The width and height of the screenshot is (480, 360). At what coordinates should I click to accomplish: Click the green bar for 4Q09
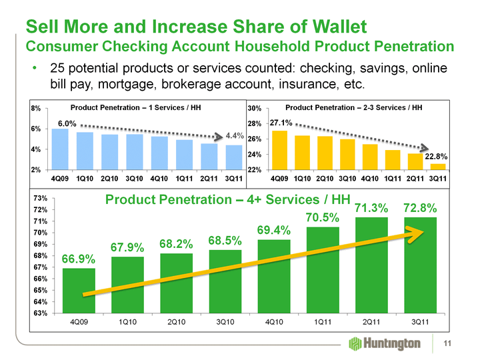79,291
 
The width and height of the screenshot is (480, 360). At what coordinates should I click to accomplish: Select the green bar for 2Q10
176,283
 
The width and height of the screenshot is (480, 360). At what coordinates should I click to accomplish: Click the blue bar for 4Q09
60,149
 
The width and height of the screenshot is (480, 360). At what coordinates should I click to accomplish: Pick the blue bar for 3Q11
233,157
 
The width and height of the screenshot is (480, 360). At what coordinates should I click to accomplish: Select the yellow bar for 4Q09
280,150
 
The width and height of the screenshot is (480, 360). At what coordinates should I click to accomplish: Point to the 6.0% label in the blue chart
67,123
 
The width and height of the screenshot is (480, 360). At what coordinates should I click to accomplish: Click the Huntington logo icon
355,343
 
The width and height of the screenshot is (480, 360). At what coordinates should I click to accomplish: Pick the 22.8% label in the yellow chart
436,156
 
